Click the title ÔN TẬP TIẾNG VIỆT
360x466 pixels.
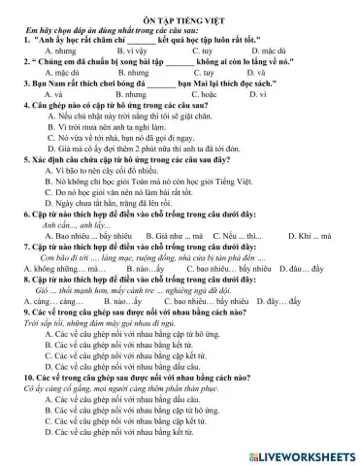[x=180, y=10]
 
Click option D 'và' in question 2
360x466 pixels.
[x=291, y=73]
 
